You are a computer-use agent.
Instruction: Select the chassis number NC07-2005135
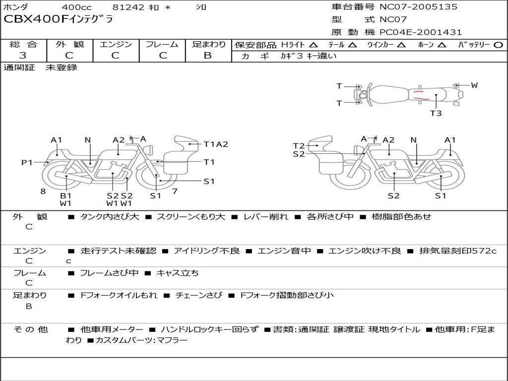[419, 6]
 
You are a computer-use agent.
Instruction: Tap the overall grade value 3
[23, 56]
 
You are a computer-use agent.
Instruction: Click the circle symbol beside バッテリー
[498, 45]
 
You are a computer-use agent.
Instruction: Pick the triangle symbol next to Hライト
[314, 45]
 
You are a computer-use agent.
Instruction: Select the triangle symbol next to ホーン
[442, 45]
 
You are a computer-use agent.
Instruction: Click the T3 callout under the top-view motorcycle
[436, 113]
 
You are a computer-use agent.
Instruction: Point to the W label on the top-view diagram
[474, 85]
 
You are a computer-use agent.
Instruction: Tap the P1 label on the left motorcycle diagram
[27, 162]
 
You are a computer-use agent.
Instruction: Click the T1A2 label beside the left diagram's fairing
[216, 144]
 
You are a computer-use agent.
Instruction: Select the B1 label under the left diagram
[66, 195]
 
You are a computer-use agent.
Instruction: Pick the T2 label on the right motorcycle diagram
[299, 146]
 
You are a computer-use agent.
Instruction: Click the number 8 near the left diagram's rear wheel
[43, 191]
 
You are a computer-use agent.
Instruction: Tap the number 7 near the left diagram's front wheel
[175, 191]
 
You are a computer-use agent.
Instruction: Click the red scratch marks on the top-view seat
[421, 95]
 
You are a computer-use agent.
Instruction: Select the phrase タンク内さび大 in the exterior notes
[110, 216]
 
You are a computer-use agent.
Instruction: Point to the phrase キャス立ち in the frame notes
[178, 273]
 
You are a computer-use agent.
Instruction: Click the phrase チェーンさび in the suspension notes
[199, 295]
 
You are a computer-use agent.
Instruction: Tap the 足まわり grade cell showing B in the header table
[208, 50]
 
